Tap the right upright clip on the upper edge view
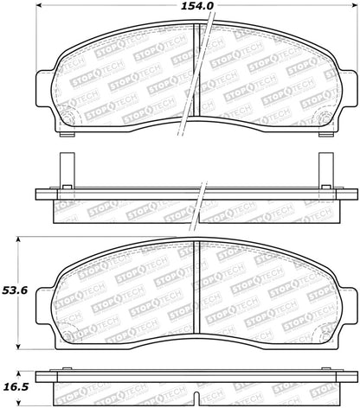325,169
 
